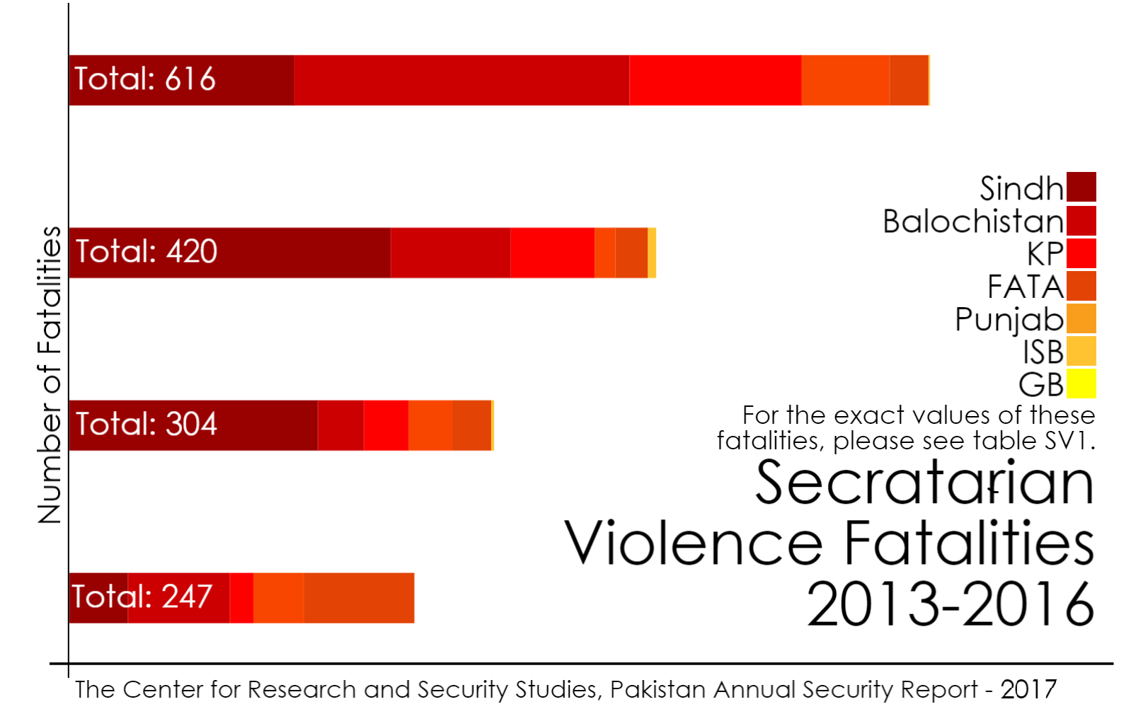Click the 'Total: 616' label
pos(145,79)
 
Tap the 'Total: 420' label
pos(147,252)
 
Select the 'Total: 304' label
pos(147,425)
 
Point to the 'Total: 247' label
pos(142,597)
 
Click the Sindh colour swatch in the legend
pos(1081,188)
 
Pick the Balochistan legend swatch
pos(1081,221)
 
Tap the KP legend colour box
pos(1081,253)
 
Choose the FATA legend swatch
pos(1081,286)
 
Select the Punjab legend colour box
pos(1081,318)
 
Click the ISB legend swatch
pos(1081,351)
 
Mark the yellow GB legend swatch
pos(1081,384)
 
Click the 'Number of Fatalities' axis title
pos(50,375)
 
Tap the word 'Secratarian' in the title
pos(924,483)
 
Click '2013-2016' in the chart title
pos(950,604)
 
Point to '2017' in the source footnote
pos(1028,689)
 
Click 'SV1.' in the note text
pos(1070,441)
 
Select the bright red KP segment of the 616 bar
pos(715,80)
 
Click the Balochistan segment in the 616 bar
pos(461,80)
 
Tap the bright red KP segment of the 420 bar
pos(552,253)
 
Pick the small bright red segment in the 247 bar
pos(241,598)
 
